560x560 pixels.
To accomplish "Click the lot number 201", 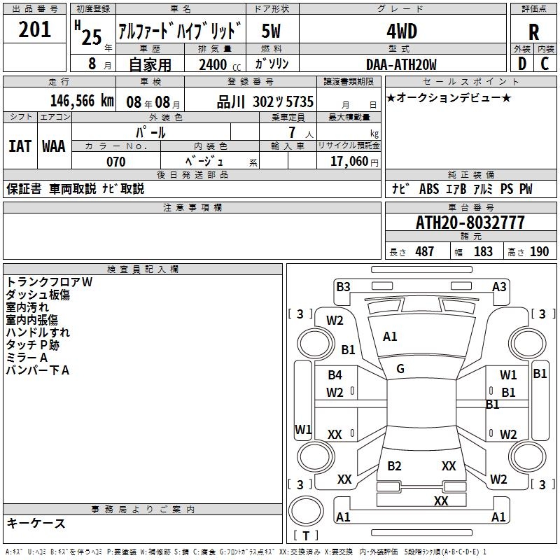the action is pyautogui.click(x=34, y=29).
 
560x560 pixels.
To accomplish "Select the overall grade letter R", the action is pyautogui.click(x=533, y=31).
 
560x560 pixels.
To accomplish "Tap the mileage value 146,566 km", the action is pyautogui.click(x=82, y=101).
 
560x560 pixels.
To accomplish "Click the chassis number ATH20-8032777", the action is pyautogui.click(x=470, y=223).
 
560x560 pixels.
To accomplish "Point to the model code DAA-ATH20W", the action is pyautogui.click(x=401, y=64).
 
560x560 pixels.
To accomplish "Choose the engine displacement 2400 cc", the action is pyautogui.click(x=220, y=64).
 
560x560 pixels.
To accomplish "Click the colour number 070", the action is pyautogui.click(x=116, y=162).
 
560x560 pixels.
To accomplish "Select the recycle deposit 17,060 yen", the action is pyautogui.click(x=354, y=162).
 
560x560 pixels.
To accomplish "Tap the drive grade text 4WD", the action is pyautogui.click(x=402, y=31).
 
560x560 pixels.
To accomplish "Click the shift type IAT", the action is pyautogui.click(x=20, y=146).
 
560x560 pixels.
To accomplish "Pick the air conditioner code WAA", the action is pyautogui.click(x=54, y=146).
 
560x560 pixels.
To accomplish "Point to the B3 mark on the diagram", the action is pyautogui.click(x=343, y=287).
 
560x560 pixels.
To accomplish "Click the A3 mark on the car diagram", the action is pyautogui.click(x=499, y=287).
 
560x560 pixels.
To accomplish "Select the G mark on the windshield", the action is pyautogui.click(x=400, y=369).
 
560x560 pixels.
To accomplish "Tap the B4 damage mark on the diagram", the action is pyautogui.click(x=335, y=375).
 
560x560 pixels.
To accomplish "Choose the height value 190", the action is pyautogui.click(x=539, y=251).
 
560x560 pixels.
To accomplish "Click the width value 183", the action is pyautogui.click(x=483, y=251).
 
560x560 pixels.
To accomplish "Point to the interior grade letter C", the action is pyautogui.click(x=545, y=64).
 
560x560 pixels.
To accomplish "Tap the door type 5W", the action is pyautogui.click(x=271, y=31).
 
